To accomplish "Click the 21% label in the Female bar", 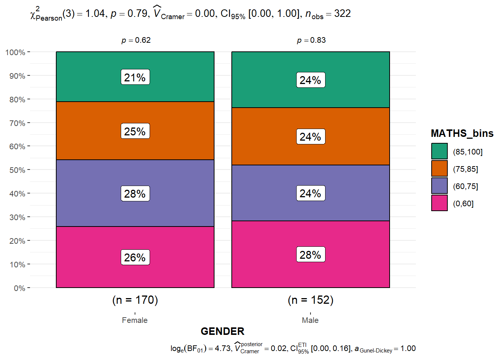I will click(x=135, y=77).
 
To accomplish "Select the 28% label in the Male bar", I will click(x=310, y=255).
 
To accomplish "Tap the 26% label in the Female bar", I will click(x=135, y=257).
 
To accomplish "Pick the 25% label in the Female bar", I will click(x=135, y=131).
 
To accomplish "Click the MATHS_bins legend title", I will click(x=462, y=133).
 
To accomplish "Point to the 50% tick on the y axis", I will click(x=17, y=170).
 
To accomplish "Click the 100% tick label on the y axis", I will click(x=15, y=52).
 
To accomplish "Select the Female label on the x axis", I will click(x=135, y=320).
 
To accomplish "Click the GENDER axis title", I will click(x=222, y=331).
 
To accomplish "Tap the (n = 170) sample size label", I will click(x=135, y=300).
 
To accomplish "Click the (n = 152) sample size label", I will click(x=310, y=300).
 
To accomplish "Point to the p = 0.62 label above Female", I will click(x=136, y=40).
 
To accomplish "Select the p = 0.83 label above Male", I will click(x=311, y=40).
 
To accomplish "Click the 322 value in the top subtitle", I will click(x=342, y=13).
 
